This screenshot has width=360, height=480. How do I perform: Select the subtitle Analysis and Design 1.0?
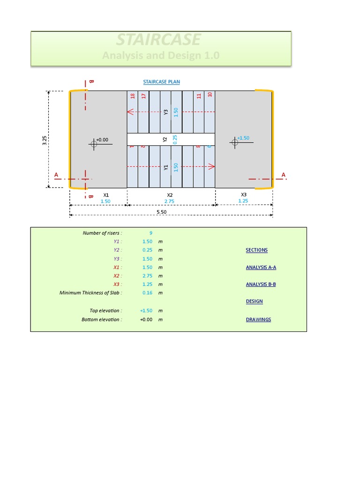pos(161,55)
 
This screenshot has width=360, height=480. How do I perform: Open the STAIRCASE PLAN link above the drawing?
pos(161,82)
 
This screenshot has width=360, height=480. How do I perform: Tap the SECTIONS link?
pos(256,250)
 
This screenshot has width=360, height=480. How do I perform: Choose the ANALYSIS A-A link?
pos(261,267)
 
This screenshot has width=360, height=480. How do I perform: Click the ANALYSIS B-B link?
pos(261,284)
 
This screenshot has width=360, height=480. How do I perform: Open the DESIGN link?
pos(254,301)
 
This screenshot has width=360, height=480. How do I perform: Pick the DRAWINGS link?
pos(258,320)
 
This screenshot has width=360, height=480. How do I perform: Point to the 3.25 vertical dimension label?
pos(45,139)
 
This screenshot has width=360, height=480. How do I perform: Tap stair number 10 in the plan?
pos(210,94)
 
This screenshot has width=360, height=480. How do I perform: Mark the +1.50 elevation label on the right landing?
pos(243,138)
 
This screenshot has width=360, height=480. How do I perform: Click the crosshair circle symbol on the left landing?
pos(94,144)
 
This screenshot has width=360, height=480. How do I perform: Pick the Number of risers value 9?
pos(150,232)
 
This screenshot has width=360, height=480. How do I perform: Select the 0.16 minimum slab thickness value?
pos(147,292)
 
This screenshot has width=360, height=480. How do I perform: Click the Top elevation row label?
pos(105,310)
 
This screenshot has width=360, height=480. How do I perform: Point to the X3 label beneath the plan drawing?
pos(244,195)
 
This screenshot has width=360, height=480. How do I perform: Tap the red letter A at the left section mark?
pos(56,175)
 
